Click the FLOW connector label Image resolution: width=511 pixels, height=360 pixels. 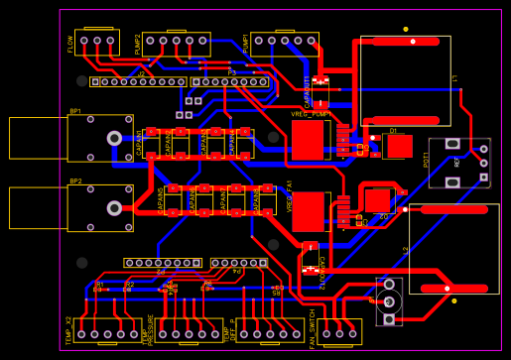[70, 44]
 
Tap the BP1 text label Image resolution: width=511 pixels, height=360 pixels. [75, 111]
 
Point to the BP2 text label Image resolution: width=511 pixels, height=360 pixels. [75, 181]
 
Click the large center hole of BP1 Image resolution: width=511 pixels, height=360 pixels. [114, 138]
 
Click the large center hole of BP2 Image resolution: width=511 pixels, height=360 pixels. [114, 208]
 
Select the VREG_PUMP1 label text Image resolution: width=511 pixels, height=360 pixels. [310, 114]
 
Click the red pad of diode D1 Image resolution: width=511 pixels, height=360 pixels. [399, 147]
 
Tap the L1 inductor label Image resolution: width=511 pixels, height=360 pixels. [454, 77]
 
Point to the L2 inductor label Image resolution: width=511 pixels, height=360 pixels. [406, 250]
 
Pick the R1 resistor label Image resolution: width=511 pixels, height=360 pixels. [99, 285]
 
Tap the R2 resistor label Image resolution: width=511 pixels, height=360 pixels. [129, 285]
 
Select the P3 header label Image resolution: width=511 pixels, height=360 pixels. [231, 72]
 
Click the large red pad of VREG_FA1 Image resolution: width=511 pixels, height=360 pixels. [309, 211]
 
